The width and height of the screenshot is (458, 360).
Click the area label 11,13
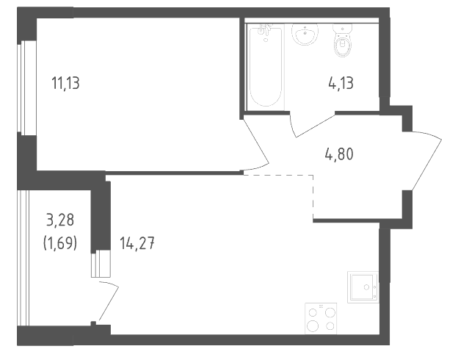[x=65, y=83]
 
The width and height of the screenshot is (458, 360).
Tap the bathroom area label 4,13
[x=341, y=83]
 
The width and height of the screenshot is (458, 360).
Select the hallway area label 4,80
[x=339, y=154]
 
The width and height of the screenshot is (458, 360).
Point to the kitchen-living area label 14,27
[x=137, y=243]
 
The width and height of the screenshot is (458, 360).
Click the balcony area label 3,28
[x=60, y=220]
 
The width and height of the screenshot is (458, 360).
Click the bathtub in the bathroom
[x=266, y=67]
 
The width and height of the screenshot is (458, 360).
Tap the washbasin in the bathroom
[x=305, y=34]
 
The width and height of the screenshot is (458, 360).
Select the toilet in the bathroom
[x=343, y=40]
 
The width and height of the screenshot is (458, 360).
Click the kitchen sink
[x=363, y=287]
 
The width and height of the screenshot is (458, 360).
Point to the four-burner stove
[x=321, y=318]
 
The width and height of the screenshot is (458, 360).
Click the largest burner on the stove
[x=313, y=325]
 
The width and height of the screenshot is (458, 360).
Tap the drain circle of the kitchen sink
[x=366, y=287]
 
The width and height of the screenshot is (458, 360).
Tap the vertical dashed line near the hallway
[x=313, y=196]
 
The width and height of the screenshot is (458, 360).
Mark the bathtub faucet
[x=266, y=31]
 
